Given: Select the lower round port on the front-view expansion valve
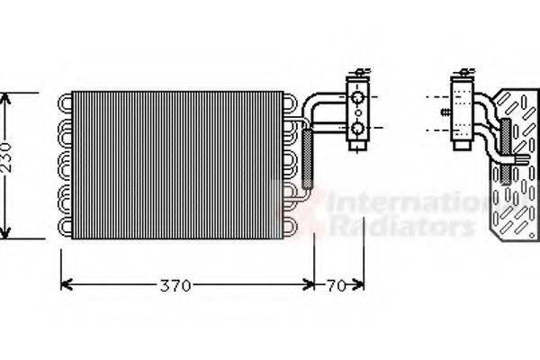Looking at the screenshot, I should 357,129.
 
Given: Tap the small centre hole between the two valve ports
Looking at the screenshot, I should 357,113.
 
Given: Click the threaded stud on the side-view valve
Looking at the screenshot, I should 444,113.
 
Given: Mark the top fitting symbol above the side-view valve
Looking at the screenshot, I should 464,73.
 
